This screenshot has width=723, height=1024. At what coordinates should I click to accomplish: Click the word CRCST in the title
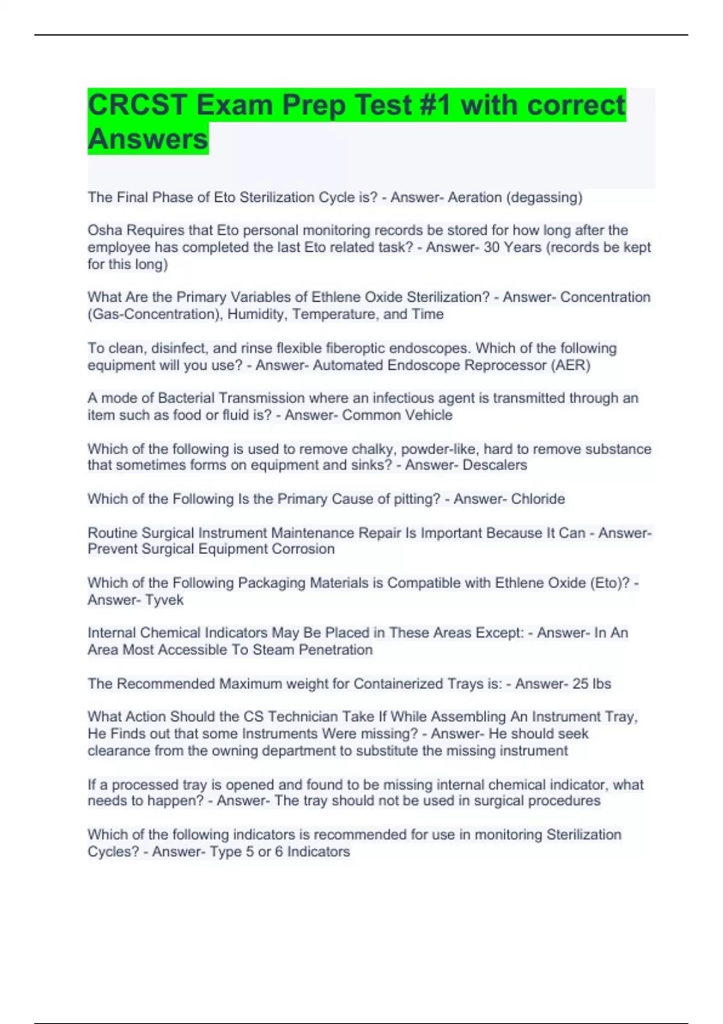[x=138, y=105]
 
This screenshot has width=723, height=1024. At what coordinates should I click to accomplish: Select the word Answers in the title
[x=148, y=139]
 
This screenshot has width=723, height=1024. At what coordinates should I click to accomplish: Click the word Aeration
[x=475, y=198]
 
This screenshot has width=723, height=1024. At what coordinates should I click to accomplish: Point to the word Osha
[x=105, y=230]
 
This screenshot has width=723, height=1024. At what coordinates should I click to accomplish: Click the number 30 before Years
[x=492, y=248]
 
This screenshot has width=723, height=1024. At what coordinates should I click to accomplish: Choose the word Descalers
[x=495, y=465]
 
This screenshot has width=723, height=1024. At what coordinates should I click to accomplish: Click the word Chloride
[x=538, y=499]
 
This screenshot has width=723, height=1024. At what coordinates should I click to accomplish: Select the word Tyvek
[x=164, y=600]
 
